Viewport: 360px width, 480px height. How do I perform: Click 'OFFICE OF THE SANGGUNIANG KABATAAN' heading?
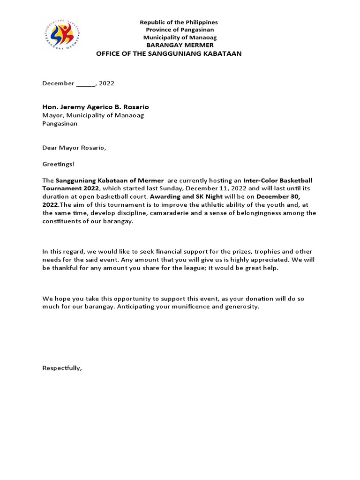click(x=169, y=53)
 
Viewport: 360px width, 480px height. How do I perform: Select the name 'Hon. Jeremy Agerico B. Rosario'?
click(x=96, y=107)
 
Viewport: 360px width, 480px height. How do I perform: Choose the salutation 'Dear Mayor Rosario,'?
click(x=74, y=148)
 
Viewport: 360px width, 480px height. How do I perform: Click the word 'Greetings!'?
click(x=58, y=164)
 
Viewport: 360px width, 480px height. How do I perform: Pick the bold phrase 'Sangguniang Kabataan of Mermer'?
click(x=110, y=180)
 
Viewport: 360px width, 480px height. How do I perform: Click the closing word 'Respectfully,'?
click(x=62, y=368)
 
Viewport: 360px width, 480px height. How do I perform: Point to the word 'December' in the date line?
click(x=58, y=83)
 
